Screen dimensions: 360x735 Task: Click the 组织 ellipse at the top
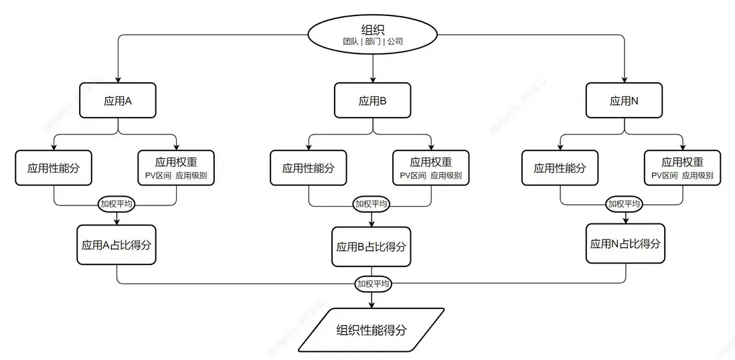coord(372,32)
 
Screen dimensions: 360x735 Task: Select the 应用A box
coord(118,100)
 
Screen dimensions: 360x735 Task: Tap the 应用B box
coord(372,101)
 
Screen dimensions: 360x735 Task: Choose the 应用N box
coord(624,100)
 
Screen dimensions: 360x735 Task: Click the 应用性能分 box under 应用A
coord(54,168)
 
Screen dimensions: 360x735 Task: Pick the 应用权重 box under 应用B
coord(430,168)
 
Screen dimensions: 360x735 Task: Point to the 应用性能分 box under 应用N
coord(560,168)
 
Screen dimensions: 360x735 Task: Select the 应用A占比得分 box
coord(117,244)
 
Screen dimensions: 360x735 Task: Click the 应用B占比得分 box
coord(372,247)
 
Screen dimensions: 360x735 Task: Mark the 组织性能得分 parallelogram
coord(372,329)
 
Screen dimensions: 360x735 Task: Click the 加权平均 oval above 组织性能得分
coord(373,284)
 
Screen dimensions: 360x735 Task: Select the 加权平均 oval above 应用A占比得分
coord(117,204)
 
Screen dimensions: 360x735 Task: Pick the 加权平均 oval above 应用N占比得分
coord(625,204)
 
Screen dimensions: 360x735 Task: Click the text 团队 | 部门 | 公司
coord(373,41)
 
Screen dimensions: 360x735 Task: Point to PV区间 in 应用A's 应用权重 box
coord(158,176)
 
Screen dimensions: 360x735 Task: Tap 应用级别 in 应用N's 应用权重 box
coord(698,176)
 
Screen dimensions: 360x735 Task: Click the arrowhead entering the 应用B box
coord(372,79)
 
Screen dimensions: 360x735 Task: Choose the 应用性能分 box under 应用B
coord(308,168)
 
